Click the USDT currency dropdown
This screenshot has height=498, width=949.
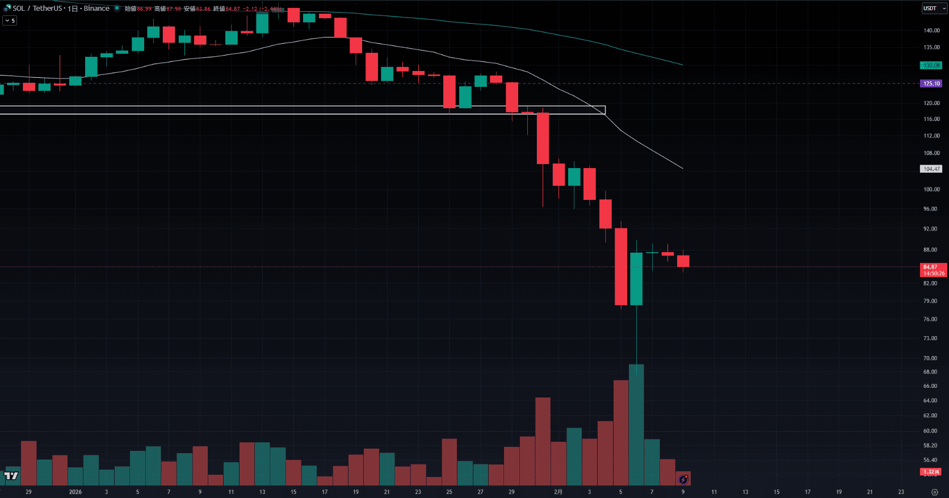click(x=934, y=9)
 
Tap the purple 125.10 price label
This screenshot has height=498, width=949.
click(x=931, y=83)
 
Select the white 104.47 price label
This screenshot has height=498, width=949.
click(x=931, y=169)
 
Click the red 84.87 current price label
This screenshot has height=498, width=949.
click(x=933, y=270)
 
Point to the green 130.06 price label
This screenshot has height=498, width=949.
click(x=931, y=65)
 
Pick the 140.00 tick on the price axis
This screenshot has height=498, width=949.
click(x=931, y=31)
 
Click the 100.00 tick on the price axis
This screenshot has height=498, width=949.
click(x=931, y=190)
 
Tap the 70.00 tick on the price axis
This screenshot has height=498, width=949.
click(x=930, y=358)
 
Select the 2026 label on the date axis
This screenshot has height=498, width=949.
click(x=75, y=492)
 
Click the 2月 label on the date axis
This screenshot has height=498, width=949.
click(x=558, y=492)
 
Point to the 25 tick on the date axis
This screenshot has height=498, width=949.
click(x=449, y=492)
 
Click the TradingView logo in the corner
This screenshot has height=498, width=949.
click(x=11, y=476)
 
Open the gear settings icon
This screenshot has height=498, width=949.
click(x=935, y=492)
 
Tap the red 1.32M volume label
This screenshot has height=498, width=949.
click(x=931, y=472)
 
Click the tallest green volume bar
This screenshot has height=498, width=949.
click(x=636, y=426)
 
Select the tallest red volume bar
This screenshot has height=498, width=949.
click(x=621, y=432)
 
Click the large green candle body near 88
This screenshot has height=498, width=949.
click(x=636, y=279)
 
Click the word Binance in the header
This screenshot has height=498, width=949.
click(x=96, y=9)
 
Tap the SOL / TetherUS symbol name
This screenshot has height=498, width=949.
click(x=37, y=9)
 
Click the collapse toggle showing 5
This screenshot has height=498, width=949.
click(x=10, y=20)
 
